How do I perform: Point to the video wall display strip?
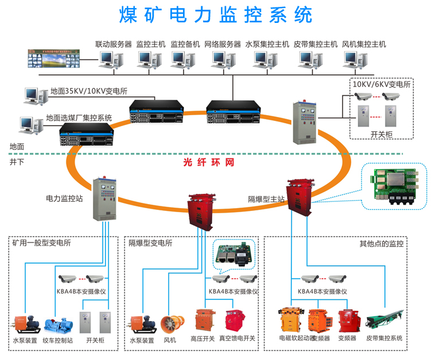click(54, 58)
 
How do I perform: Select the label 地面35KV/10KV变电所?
click(88, 91)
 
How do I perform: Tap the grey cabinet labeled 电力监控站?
click(105, 198)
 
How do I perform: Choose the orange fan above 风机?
click(170, 324)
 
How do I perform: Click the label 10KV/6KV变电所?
click(381, 84)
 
